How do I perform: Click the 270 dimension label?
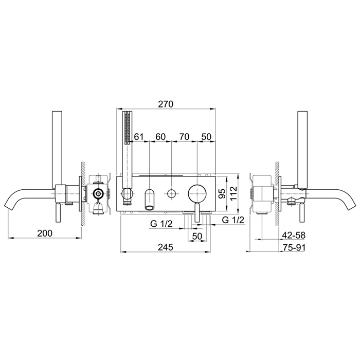[x=166, y=104]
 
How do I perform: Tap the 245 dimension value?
[x=165, y=247]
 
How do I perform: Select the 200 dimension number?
[x=45, y=233]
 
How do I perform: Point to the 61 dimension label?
[x=139, y=137]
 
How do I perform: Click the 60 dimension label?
[x=160, y=137]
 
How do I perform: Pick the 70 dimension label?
[x=184, y=137]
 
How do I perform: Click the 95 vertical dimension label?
[x=222, y=193]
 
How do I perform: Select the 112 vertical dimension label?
[x=233, y=193]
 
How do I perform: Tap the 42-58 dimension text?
[x=294, y=236]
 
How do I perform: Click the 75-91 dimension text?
[x=294, y=247]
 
